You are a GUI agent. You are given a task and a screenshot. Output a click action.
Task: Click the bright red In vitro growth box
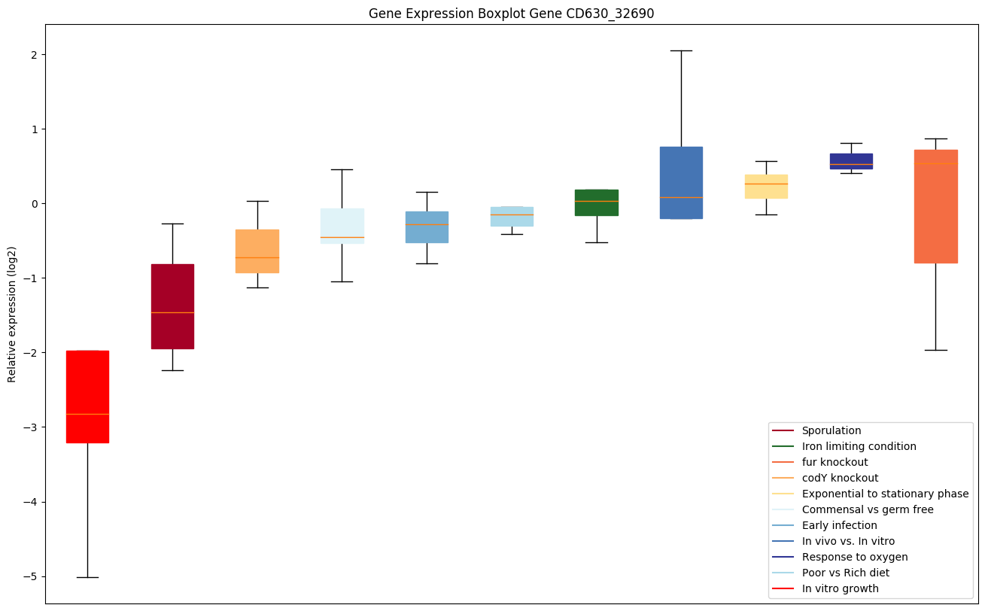87,397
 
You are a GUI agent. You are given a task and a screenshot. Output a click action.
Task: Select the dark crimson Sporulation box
172,306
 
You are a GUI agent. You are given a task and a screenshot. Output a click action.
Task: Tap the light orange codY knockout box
257,251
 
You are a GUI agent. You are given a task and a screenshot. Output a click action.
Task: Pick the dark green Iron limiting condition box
597,202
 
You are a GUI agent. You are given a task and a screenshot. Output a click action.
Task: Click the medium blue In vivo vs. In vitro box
681,183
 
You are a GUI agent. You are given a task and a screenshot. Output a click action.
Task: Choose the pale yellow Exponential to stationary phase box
766,186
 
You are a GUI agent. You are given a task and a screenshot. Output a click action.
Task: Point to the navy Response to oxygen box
851,161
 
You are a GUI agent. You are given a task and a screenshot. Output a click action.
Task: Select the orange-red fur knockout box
935,206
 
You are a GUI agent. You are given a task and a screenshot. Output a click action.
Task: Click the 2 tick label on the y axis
35,55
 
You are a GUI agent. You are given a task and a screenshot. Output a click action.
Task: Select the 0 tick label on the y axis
35,204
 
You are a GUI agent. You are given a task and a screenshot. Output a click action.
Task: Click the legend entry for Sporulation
831,430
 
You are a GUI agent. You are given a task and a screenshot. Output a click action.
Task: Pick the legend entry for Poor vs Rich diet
845,573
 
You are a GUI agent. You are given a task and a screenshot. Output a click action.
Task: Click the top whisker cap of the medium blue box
681,50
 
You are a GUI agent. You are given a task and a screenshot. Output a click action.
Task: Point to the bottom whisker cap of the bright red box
87,577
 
